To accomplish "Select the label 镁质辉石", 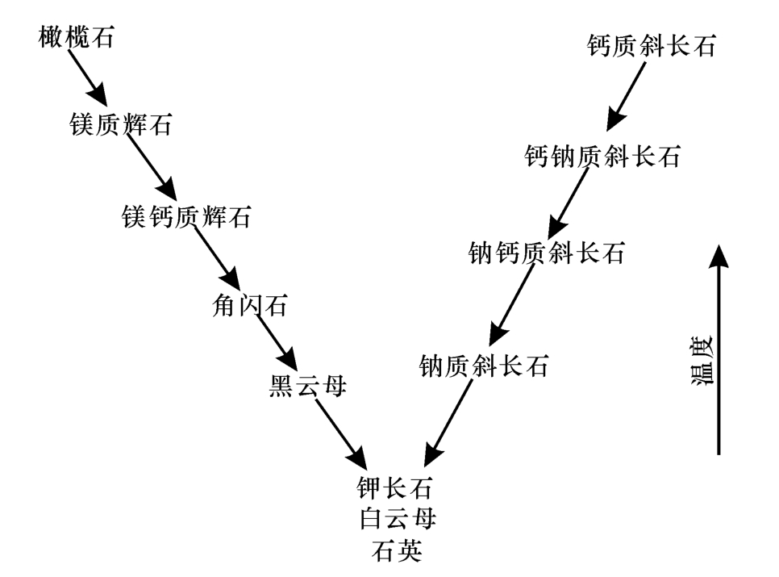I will click(x=121, y=125).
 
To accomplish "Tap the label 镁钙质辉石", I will click(x=186, y=216).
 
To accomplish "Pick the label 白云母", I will click(x=396, y=517).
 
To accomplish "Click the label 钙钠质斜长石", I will click(x=602, y=155).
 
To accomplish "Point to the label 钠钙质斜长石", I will click(x=546, y=254).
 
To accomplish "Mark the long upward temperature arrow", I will click(x=718, y=347).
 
